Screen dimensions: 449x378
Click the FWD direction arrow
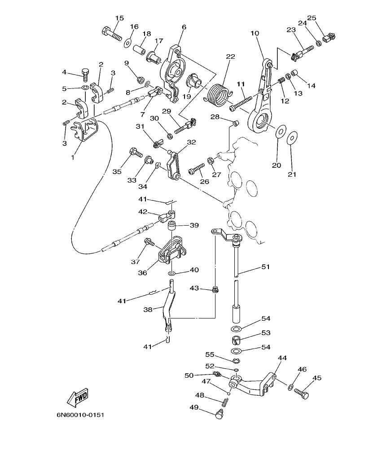click(x=78, y=397)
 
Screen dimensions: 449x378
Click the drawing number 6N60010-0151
click(x=80, y=415)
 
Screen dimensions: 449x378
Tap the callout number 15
click(x=119, y=18)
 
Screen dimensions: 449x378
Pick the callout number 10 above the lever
click(x=255, y=34)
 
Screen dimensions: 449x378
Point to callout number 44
click(x=282, y=358)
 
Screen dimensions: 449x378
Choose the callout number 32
click(x=191, y=142)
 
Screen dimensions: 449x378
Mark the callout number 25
click(x=312, y=18)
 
